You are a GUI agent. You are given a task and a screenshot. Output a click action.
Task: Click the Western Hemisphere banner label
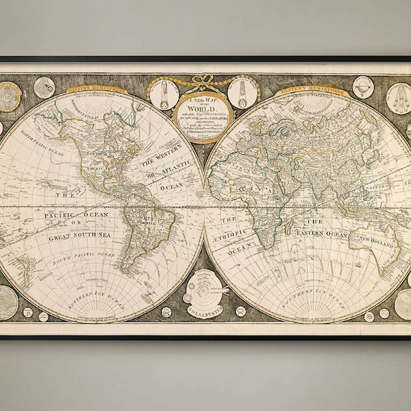pyautogui.click(x=97, y=89)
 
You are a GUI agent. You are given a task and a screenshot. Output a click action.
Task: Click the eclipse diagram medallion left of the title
pyautogui.click(x=164, y=94)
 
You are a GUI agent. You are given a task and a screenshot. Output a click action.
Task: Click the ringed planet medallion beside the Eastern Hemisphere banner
pyautogui.click(x=363, y=87)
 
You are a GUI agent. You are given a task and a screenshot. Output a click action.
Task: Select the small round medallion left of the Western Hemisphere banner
pyautogui.click(x=44, y=87)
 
